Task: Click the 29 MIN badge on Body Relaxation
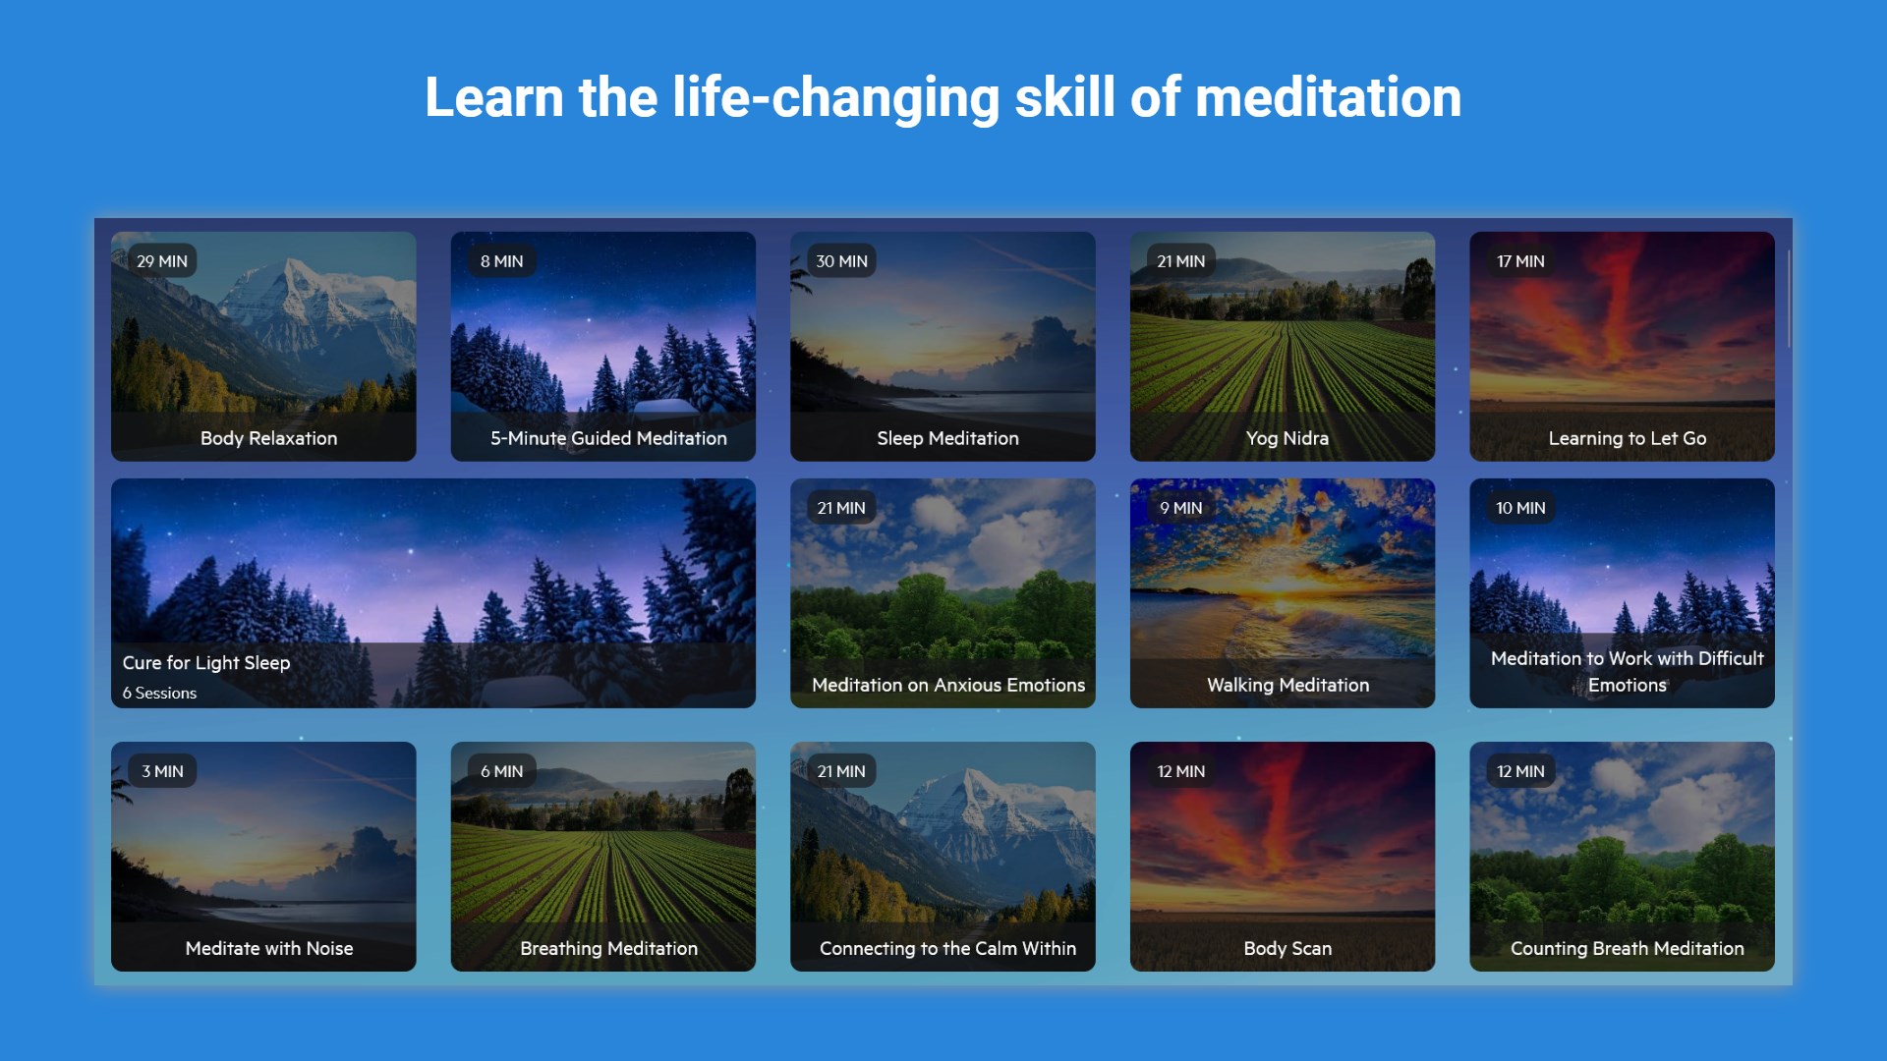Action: click(162, 261)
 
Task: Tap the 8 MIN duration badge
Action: click(501, 261)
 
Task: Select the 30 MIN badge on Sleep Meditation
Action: click(841, 261)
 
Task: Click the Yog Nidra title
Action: click(1287, 438)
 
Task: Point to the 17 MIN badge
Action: click(1520, 261)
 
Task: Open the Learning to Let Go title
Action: click(1627, 438)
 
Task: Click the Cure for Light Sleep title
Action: click(206, 663)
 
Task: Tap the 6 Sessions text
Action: click(159, 693)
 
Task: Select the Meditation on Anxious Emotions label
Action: click(948, 685)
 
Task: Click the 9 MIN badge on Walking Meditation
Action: click(1180, 508)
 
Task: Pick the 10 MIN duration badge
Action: click(1520, 508)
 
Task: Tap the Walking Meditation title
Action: click(1287, 685)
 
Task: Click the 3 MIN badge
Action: click(162, 771)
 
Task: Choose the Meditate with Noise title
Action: click(269, 948)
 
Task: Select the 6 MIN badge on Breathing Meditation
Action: click(501, 771)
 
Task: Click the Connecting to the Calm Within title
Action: click(947, 948)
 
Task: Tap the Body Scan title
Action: click(1287, 948)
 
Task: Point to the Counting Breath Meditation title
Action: click(1627, 948)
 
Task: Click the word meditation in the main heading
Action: click(1328, 97)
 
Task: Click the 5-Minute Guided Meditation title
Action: click(608, 438)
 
